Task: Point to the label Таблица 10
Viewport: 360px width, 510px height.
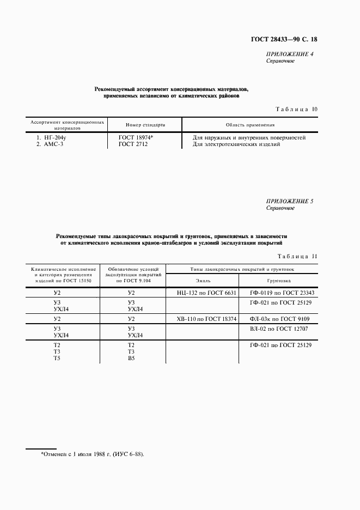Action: pos(296,110)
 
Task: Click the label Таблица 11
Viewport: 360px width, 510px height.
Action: pos(297,257)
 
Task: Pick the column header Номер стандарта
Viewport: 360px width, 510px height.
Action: pos(142,125)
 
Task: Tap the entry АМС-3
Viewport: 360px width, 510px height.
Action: pos(50,144)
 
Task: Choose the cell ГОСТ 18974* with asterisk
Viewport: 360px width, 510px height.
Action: pos(136,138)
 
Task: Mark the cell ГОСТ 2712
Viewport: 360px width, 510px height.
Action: pos(133,144)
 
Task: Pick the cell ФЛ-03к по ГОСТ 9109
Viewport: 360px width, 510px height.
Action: pos(279,319)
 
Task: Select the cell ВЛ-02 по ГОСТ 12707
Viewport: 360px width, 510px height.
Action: pos(279,329)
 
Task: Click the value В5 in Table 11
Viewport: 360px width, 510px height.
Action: pos(131,358)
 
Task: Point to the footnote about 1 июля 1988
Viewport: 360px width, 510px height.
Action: pos(93,454)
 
